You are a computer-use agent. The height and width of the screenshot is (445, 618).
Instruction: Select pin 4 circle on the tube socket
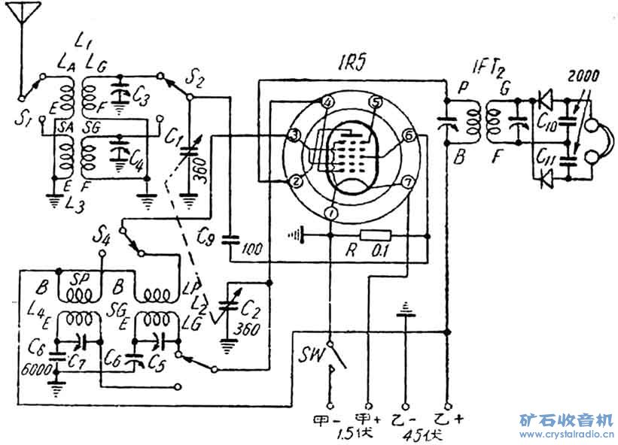(x=327, y=102)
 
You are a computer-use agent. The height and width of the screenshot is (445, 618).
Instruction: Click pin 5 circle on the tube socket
(x=376, y=101)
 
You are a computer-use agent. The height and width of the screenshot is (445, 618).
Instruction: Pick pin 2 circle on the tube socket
(x=297, y=181)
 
